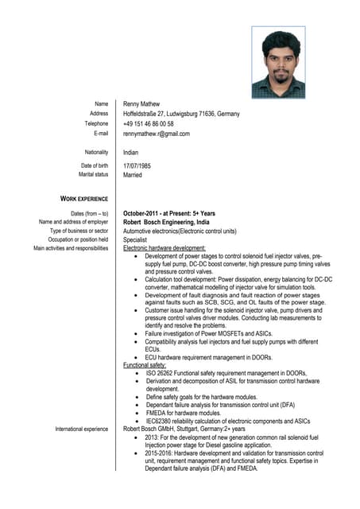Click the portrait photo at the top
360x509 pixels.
pyautogui.click(x=278, y=63)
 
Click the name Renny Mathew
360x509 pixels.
pyautogui.click(x=141, y=104)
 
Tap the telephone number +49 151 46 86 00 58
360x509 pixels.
pyautogui.click(x=149, y=124)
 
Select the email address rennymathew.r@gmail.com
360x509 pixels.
pyautogui.click(x=157, y=134)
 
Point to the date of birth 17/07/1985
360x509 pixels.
pyautogui.click(x=137, y=165)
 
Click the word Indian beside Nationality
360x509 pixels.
pyautogui.click(x=131, y=152)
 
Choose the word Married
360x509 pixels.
pyautogui.click(x=133, y=174)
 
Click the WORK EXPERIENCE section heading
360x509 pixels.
pyautogui.click(x=84, y=199)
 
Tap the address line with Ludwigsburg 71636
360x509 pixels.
pyautogui.click(x=181, y=115)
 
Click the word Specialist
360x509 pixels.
pyautogui.click(x=135, y=239)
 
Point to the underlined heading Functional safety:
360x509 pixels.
pyautogui.click(x=145, y=365)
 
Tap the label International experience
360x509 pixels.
pyautogui.click(x=82, y=429)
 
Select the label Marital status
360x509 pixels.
pyautogui.click(x=93, y=174)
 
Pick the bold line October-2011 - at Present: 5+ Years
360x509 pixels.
pyautogui.click(x=169, y=213)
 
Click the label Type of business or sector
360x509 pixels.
pyautogui.click(x=79, y=231)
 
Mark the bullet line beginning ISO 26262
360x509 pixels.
pyautogui.click(x=226, y=373)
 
